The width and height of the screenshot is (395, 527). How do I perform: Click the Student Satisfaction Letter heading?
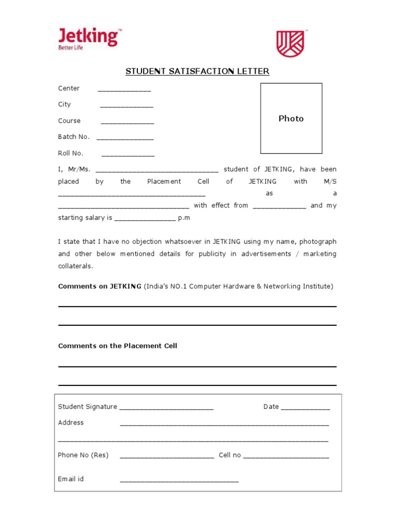click(x=197, y=71)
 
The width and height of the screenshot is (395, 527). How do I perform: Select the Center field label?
click(x=69, y=89)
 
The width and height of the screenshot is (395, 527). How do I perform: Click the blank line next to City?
click(x=127, y=106)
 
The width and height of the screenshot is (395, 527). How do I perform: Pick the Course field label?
click(x=69, y=121)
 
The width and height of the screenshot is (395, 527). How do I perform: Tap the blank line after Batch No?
click(x=125, y=138)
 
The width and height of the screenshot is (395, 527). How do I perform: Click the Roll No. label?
click(x=70, y=153)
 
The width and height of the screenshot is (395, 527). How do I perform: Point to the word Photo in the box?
click(x=291, y=118)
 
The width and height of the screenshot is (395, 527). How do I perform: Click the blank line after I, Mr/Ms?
click(x=157, y=171)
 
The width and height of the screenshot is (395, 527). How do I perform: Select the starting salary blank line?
click(x=145, y=219)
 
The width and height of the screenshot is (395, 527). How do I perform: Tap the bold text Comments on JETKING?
click(x=100, y=286)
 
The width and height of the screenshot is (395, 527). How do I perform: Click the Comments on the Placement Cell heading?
click(x=117, y=346)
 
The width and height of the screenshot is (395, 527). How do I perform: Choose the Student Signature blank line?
click(x=166, y=409)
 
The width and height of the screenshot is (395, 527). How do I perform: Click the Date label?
click(x=271, y=407)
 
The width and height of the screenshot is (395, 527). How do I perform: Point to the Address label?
click(x=71, y=423)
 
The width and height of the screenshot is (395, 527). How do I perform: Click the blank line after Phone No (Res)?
click(x=167, y=457)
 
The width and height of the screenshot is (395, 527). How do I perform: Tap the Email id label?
click(x=71, y=479)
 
